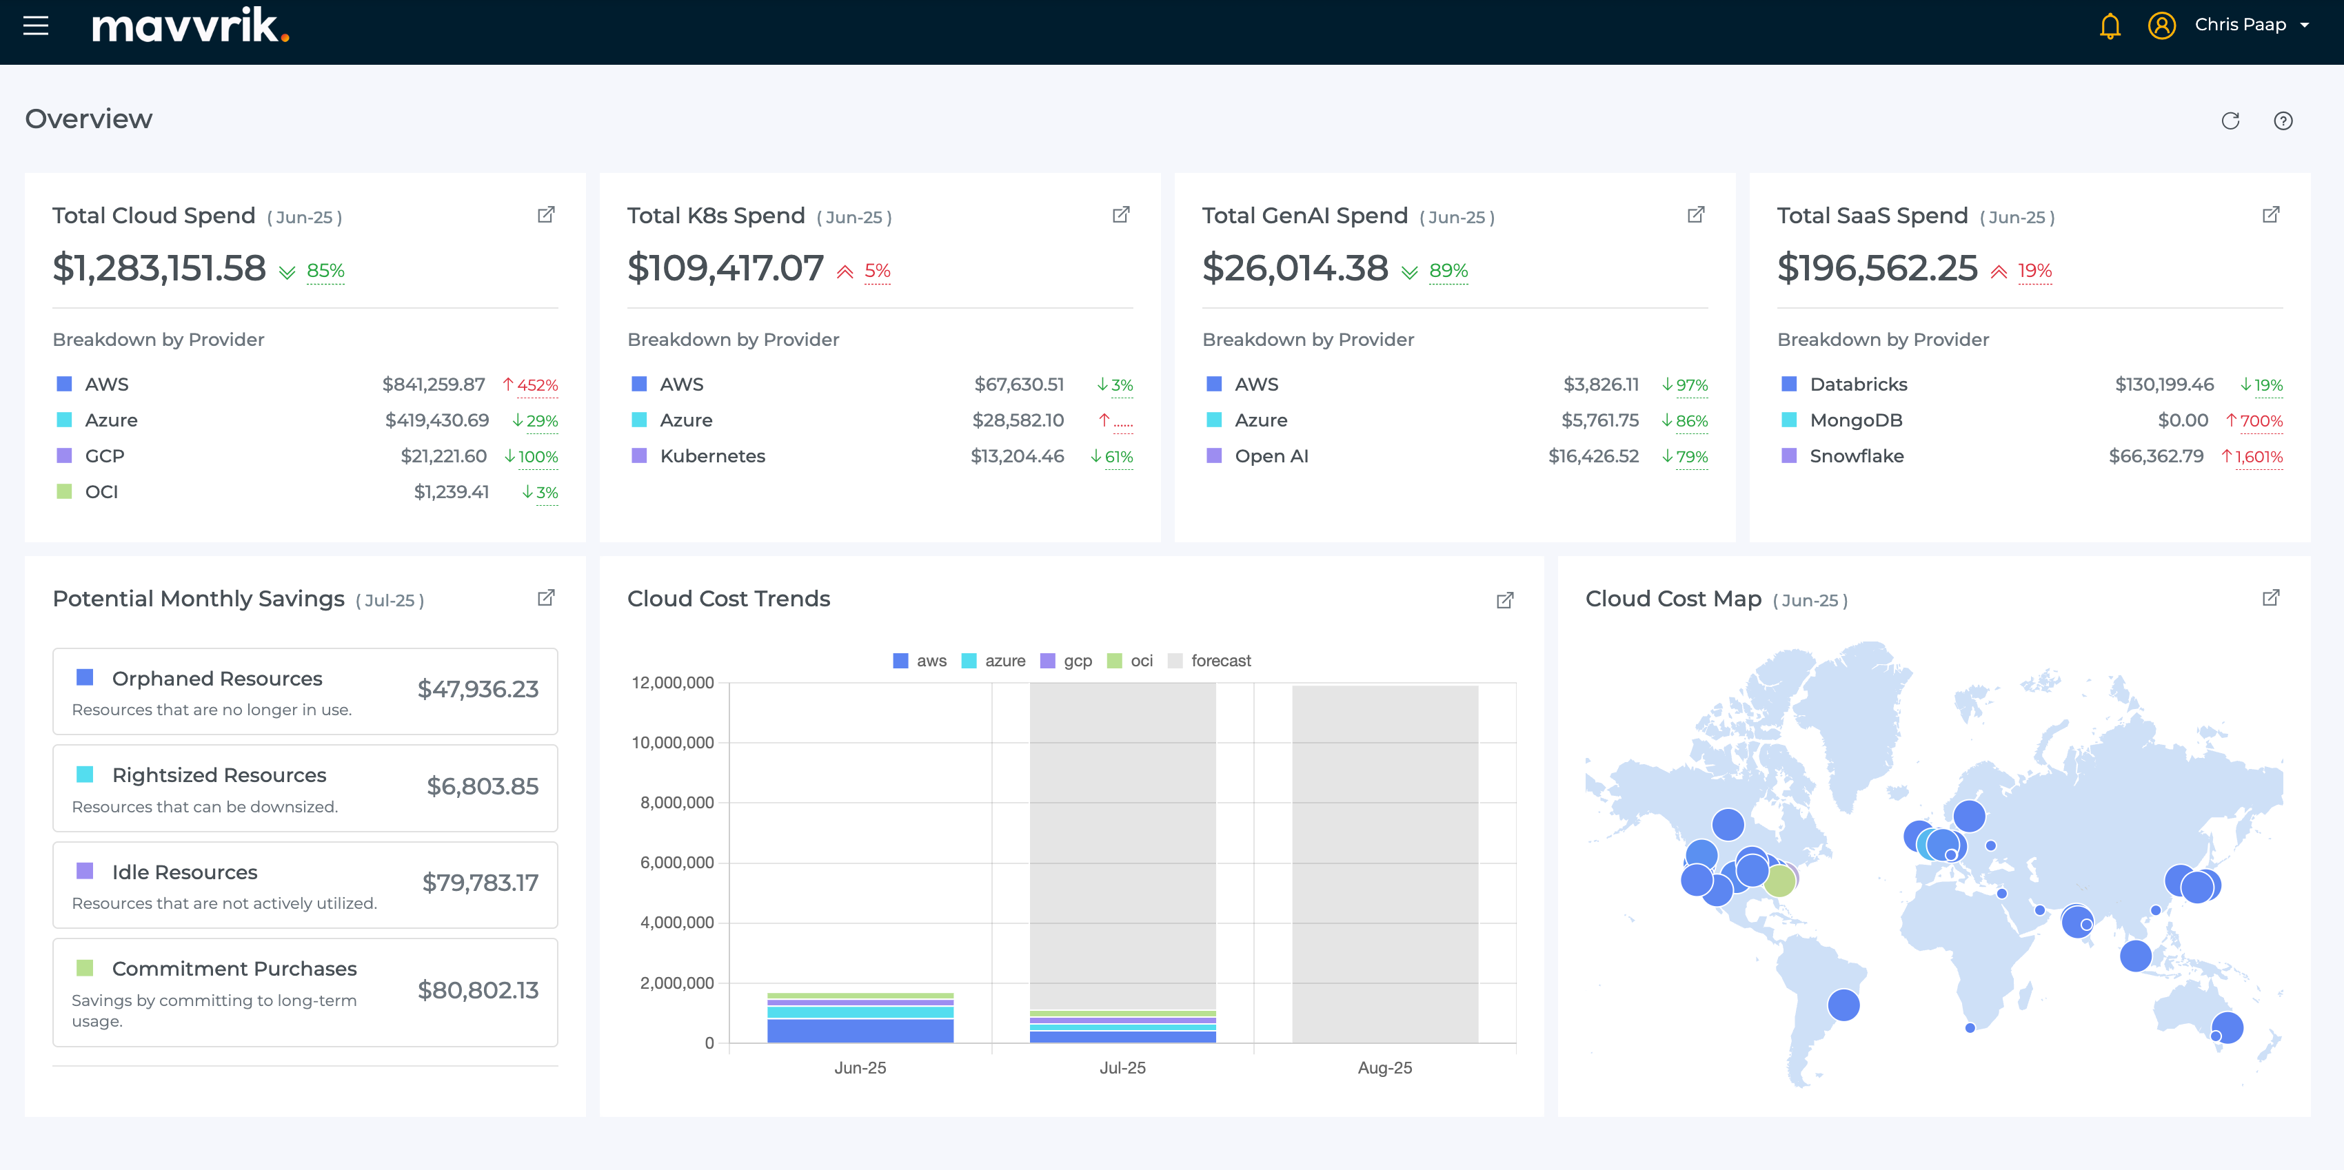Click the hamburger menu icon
35,25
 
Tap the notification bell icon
2109,25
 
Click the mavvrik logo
190,25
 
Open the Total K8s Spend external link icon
1120,215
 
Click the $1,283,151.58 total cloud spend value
159,267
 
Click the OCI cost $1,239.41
452,492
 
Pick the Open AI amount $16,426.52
1593,457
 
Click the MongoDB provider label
1855,420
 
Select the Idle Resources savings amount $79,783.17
480,883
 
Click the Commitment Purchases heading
234,968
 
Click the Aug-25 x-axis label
1384,1067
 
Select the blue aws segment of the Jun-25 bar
860,1030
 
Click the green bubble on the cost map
1779,881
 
